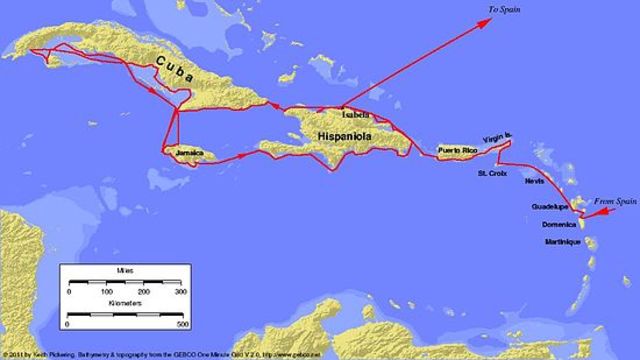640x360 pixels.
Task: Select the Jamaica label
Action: click(189, 153)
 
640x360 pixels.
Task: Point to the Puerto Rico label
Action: click(459, 152)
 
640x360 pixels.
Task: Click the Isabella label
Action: click(355, 115)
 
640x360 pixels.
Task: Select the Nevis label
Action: click(535, 183)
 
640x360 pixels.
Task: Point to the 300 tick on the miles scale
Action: click(181, 292)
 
